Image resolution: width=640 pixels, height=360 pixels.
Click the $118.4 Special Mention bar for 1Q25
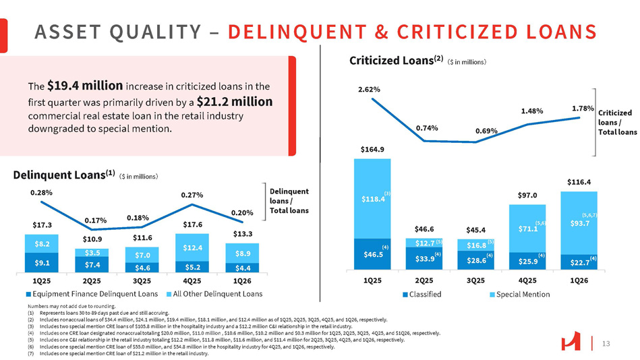(373, 199)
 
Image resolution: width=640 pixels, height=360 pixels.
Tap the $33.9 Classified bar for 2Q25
(424, 258)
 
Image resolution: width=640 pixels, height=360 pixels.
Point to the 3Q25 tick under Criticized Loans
(475, 278)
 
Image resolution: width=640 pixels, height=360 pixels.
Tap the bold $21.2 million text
(235, 102)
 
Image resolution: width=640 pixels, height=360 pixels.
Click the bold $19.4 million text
(85, 86)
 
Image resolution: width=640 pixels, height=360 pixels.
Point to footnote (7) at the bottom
(108, 353)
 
